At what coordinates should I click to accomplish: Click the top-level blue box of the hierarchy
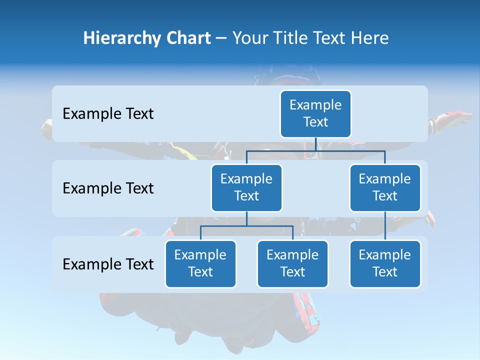point(315,114)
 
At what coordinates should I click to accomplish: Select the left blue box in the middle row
point(246,188)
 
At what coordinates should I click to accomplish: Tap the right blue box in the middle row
point(385,188)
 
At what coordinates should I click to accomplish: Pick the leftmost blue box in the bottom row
point(200,264)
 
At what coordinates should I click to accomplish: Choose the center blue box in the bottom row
point(292,264)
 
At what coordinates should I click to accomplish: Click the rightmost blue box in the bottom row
point(385,264)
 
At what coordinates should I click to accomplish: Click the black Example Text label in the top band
point(108,114)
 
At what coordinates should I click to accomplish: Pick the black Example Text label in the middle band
point(108,188)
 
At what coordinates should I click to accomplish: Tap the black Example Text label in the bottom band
point(108,264)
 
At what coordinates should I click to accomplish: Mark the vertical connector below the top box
point(315,144)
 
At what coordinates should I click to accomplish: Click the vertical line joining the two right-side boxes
point(385,226)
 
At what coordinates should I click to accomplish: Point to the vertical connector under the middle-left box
point(246,219)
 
